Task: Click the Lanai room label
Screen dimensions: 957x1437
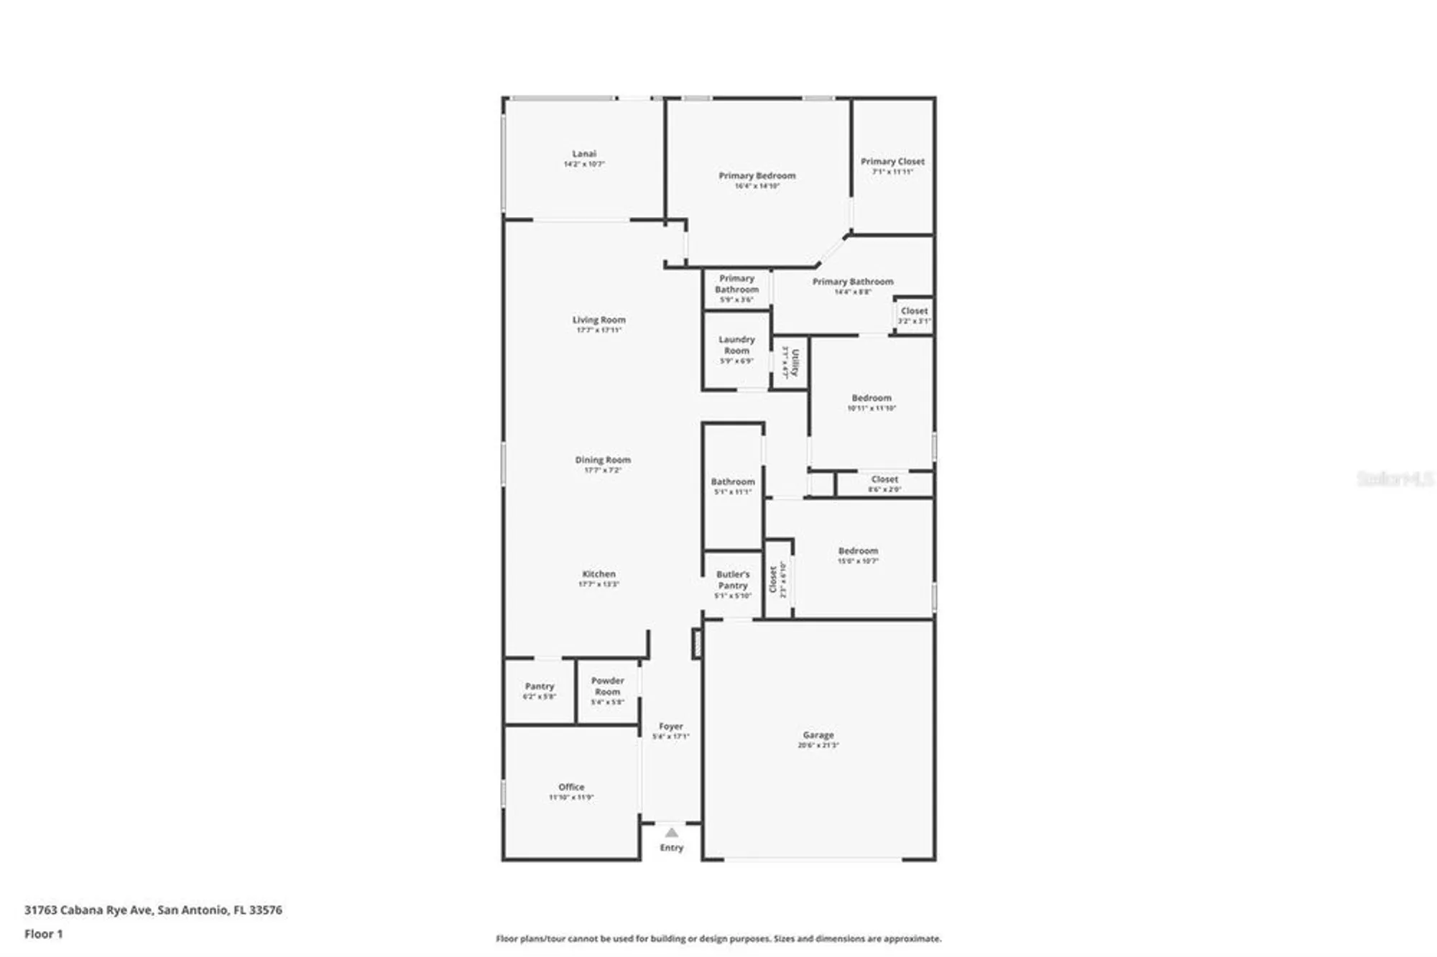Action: pos(583,154)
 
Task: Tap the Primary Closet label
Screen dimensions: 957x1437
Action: pos(892,162)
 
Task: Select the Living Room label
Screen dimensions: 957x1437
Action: pos(599,320)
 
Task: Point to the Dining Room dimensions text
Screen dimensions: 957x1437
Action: pos(602,470)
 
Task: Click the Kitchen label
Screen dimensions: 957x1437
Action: pos(599,574)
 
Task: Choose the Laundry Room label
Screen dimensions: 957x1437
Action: pos(736,345)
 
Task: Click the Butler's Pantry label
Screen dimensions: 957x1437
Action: pos(732,580)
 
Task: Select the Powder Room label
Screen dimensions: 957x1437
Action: pos(607,686)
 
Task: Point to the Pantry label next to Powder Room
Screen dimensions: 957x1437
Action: pos(539,686)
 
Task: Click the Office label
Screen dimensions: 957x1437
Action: pos(571,787)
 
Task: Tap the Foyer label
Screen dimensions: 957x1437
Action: pos(670,726)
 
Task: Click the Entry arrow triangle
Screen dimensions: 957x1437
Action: pos(671,833)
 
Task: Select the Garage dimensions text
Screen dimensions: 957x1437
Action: pos(818,745)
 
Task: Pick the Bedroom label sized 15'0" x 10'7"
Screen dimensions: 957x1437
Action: pos(857,551)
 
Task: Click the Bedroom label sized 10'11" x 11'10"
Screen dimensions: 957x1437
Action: pos(871,398)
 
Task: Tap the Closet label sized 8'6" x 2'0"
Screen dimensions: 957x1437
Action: pos(884,479)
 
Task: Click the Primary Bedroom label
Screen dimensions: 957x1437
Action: pos(757,175)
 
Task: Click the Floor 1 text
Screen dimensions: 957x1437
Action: pos(44,934)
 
